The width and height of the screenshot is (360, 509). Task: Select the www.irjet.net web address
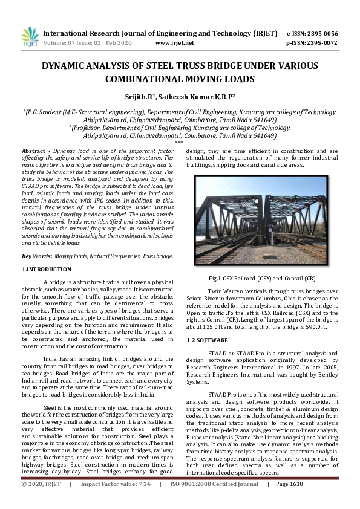pos(175,43)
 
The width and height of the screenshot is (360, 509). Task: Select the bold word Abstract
pos(33,150)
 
